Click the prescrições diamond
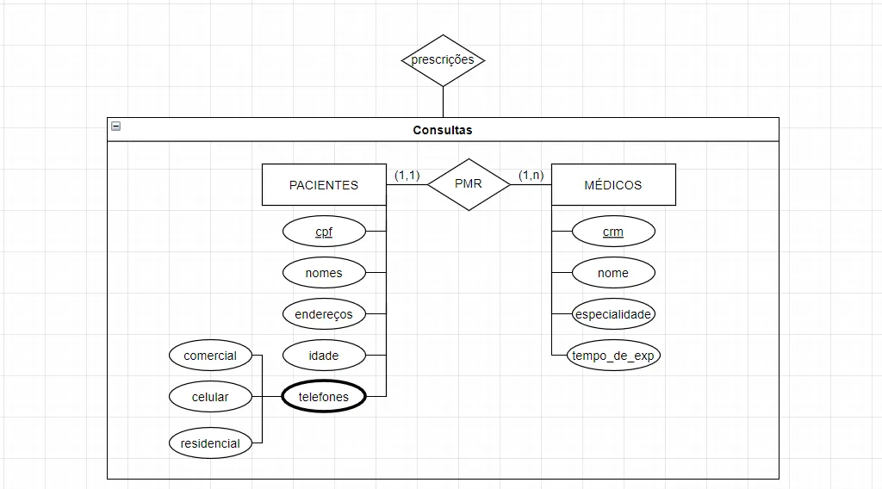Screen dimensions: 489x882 (x=443, y=60)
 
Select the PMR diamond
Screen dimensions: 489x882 (x=469, y=184)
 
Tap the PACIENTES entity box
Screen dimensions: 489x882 (x=324, y=185)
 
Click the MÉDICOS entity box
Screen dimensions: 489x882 (x=613, y=185)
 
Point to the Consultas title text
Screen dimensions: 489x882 (x=443, y=130)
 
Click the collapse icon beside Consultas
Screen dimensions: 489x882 (x=116, y=127)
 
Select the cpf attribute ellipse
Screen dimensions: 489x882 (x=324, y=232)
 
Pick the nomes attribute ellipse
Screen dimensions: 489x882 (x=324, y=273)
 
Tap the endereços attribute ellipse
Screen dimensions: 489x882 (x=324, y=314)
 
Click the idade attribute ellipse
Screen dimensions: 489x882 (x=324, y=356)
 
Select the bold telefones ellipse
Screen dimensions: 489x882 (x=324, y=397)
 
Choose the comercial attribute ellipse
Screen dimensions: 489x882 (x=210, y=356)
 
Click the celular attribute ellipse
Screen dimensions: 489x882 (x=210, y=397)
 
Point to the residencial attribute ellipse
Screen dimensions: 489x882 (x=210, y=443)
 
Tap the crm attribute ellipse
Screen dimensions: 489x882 (x=613, y=232)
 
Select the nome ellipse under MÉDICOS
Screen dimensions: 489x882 (x=613, y=273)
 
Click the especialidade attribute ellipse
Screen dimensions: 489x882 (x=613, y=314)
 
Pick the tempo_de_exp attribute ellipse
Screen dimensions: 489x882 (x=613, y=356)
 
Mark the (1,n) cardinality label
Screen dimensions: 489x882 (x=531, y=176)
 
